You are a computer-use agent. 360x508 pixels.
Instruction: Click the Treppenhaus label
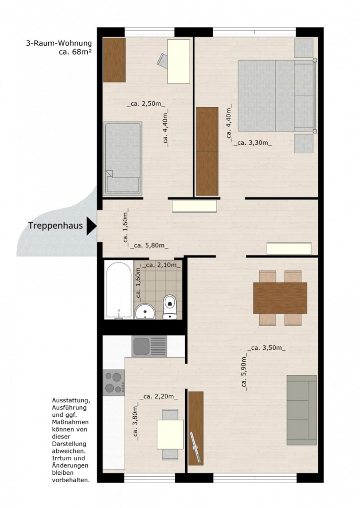pos(56,226)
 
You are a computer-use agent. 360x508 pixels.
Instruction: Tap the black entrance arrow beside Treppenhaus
pos(91,226)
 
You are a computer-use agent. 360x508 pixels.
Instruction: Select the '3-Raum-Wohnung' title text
pos(59,43)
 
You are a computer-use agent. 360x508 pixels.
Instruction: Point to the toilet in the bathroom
pos(170,307)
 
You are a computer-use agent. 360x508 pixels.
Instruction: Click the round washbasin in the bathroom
pos(145,312)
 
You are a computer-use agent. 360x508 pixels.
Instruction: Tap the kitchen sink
pos(149,346)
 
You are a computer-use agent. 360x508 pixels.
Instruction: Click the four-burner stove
pos(114,382)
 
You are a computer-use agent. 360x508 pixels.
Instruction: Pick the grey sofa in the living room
pos(301,410)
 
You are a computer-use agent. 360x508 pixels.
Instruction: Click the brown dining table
pos(280,298)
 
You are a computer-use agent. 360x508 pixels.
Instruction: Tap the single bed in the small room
pos(123,159)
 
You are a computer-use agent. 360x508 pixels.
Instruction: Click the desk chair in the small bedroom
pos(163,61)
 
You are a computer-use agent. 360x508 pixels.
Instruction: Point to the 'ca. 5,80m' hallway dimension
pos(149,246)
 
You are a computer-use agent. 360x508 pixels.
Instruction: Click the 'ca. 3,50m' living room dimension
pos(267,348)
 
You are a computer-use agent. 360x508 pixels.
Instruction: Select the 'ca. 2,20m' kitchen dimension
pos(159,396)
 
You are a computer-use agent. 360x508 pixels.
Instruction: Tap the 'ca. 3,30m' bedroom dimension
pos(253,143)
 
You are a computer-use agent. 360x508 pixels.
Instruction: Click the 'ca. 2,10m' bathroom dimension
pos(162,265)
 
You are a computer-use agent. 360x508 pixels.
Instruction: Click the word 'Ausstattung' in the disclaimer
pos(71,401)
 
